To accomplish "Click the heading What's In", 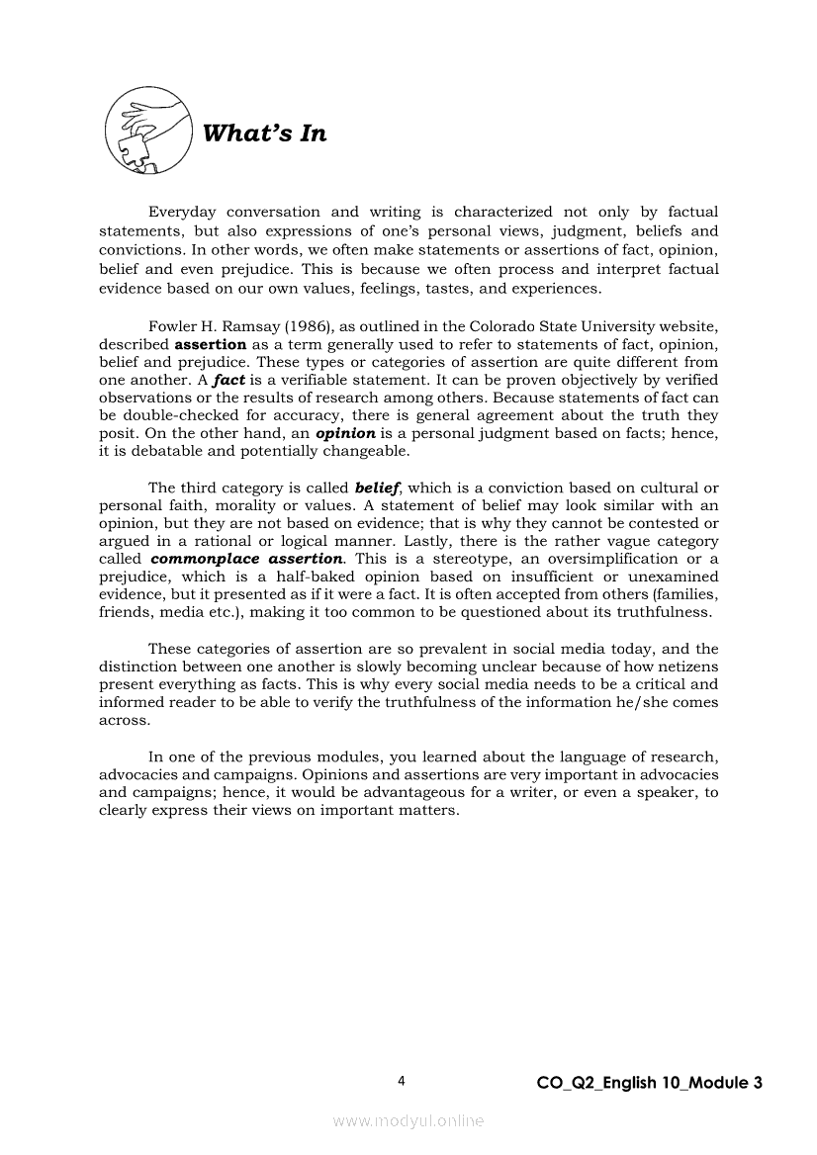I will (263, 133).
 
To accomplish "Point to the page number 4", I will (402, 1081).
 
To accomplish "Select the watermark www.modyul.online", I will (408, 1121).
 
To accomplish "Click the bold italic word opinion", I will (345, 434).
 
